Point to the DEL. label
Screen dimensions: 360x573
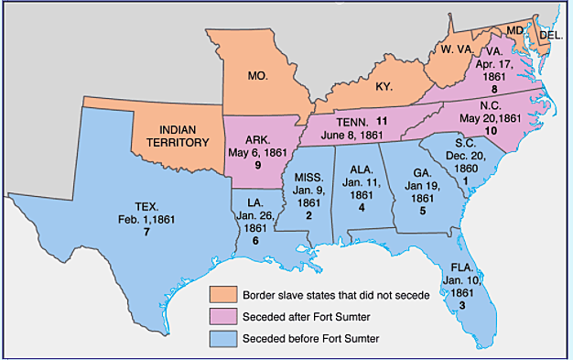pyautogui.click(x=551, y=35)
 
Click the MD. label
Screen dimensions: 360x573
pyautogui.click(x=515, y=29)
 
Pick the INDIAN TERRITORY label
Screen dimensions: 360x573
pyautogui.click(x=178, y=136)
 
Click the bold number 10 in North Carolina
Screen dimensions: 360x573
pyautogui.click(x=490, y=131)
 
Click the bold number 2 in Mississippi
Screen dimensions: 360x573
pyautogui.click(x=308, y=214)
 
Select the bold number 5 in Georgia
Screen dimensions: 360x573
pyautogui.click(x=423, y=211)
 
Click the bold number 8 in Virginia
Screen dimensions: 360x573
pyautogui.click(x=493, y=89)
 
